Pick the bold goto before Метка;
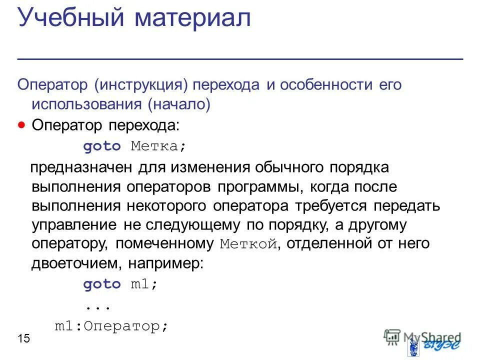102,146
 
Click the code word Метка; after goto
158,146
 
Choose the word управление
74,225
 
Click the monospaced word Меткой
248,244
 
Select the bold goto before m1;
102,284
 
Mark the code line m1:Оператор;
111,326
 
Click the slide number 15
24,339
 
